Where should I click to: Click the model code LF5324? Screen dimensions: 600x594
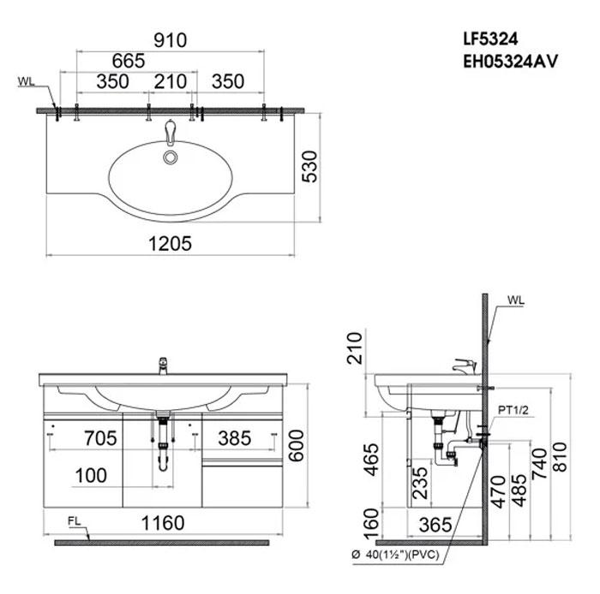[490, 39]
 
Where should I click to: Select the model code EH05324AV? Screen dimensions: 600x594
[511, 61]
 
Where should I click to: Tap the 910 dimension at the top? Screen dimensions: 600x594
[171, 40]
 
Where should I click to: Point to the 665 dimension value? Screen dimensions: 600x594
[129, 61]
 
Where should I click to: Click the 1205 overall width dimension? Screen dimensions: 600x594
[170, 244]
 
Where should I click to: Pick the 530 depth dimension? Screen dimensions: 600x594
[310, 167]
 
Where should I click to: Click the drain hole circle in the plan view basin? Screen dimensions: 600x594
[171, 157]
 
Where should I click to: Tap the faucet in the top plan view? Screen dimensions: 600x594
[171, 132]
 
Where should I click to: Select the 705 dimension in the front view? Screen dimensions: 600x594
[100, 438]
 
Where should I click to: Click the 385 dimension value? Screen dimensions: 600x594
[235, 438]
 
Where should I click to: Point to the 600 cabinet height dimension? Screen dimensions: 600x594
[297, 446]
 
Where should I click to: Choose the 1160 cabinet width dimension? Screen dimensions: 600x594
[163, 523]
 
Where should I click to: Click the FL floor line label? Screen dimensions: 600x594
[75, 521]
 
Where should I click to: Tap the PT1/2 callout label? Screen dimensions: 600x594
[513, 410]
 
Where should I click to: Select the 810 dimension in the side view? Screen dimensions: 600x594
[560, 456]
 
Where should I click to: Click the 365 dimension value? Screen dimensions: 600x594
[435, 525]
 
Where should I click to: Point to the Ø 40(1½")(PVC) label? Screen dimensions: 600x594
[396, 555]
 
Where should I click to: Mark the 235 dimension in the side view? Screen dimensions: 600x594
[420, 483]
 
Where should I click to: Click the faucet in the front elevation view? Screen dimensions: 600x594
[164, 365]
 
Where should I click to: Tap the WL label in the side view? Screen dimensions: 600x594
[516, 300]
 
